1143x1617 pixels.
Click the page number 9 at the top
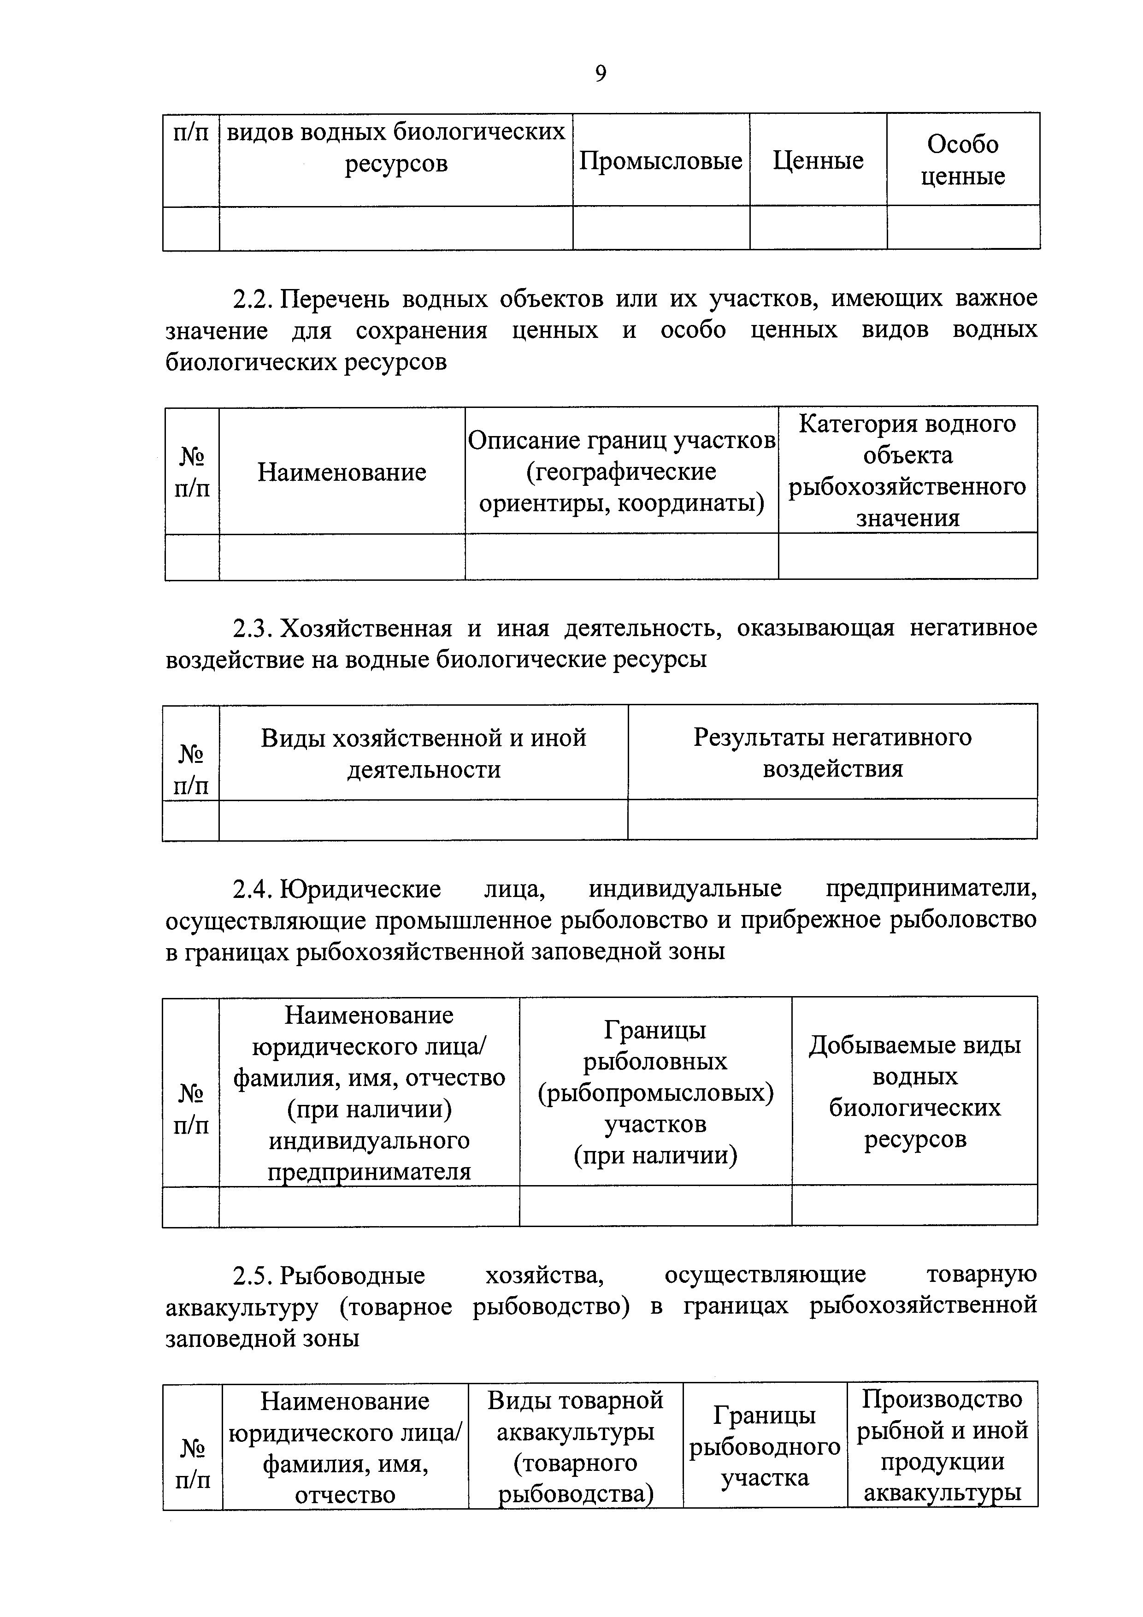point(600,73)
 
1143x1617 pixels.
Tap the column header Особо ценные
point(963,160)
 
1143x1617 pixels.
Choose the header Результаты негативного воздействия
point(832,752)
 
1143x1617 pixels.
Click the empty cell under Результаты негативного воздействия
point(832,819)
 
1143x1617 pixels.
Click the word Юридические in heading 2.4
point(360,889)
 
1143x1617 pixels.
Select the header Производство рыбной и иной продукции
point(943,1446)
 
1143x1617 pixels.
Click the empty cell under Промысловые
point(660,228)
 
